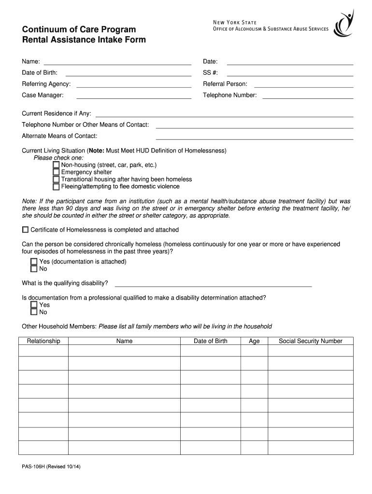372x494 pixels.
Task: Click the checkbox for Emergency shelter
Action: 56,172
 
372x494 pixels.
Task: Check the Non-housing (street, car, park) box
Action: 56,165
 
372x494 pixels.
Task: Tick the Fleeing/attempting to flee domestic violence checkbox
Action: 56,187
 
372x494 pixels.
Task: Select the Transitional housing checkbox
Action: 56,179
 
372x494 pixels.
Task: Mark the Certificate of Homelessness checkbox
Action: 25,230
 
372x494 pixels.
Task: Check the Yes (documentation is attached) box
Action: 34,261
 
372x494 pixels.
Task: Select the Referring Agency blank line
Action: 134,86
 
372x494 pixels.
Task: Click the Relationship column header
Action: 43,341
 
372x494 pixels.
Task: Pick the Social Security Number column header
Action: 310,341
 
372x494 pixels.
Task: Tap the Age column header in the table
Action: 254,341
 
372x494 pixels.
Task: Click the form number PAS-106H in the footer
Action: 35,467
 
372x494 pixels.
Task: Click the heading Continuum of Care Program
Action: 79,30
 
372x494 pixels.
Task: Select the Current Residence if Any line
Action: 225,115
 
